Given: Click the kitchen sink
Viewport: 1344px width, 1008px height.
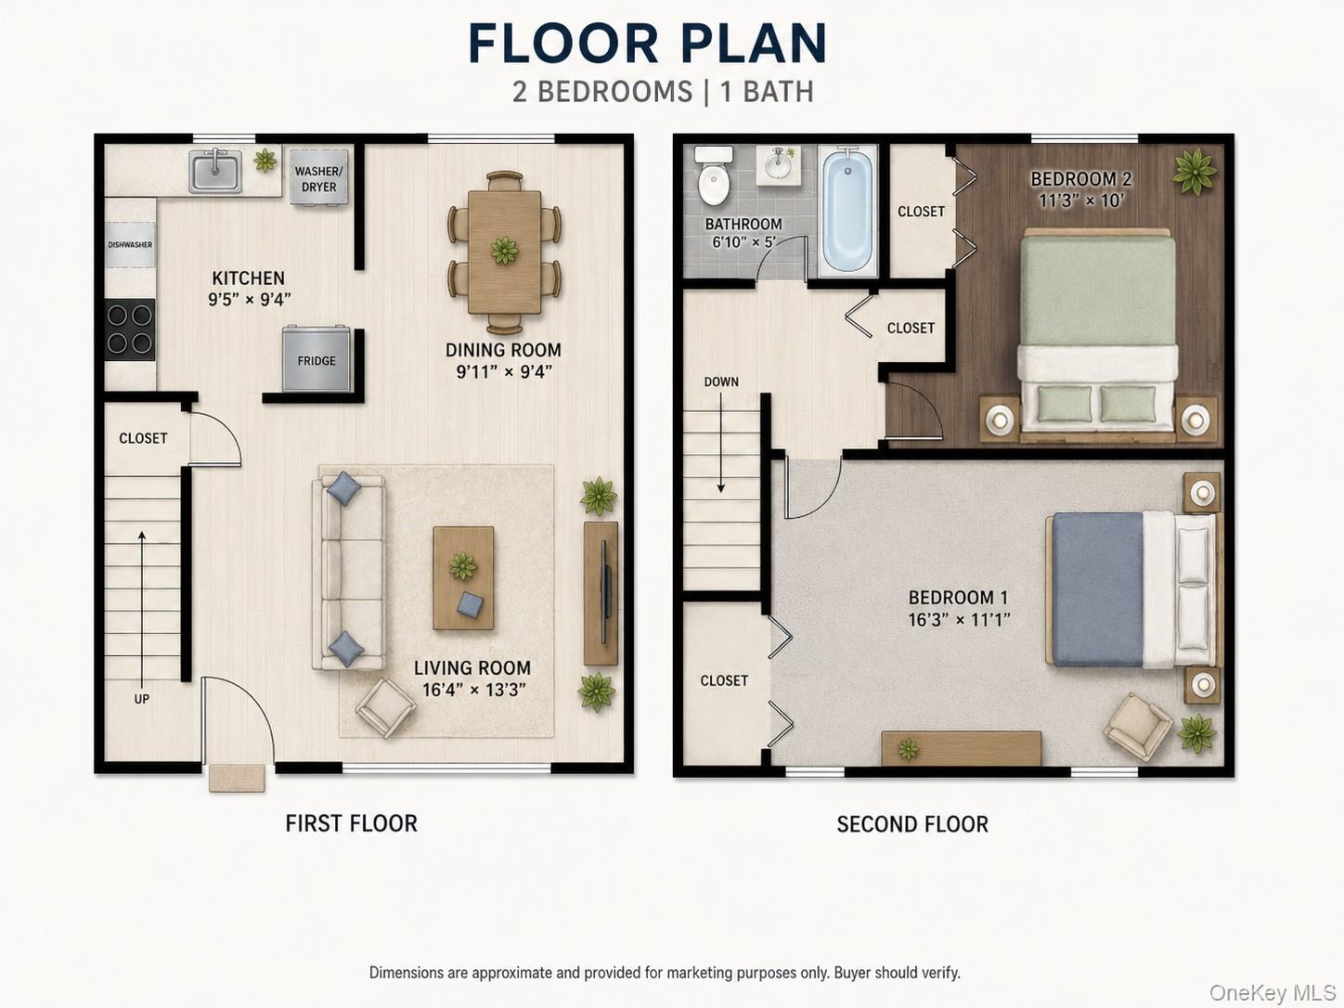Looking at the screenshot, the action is [x=215, y=171].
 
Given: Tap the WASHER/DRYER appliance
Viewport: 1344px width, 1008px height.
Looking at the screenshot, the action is [x=318, y=178].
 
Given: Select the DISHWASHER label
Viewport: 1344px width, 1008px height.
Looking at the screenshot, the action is [x=130, y=245].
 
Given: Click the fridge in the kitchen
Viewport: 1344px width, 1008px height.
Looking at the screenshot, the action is [x=316, y=359].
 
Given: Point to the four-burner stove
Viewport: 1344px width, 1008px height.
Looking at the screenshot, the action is [x=129, y=330].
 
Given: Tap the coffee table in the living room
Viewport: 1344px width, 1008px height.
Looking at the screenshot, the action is [x=463, y=578].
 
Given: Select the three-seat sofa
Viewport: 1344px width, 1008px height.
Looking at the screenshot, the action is [x=348, y=573].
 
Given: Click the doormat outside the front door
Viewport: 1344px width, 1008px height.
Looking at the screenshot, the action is [x=237, y=778].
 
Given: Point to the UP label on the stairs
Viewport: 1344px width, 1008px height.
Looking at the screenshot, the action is [x=141, y=699].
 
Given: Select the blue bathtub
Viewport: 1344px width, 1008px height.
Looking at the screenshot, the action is [x=847, y=211].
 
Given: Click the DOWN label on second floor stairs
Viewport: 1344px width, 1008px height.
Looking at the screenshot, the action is [x=720, y=381].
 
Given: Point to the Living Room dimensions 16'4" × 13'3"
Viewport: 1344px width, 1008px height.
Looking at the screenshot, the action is [x=473, y=690].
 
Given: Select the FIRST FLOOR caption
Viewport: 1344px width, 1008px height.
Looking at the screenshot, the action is [x=352, y=823].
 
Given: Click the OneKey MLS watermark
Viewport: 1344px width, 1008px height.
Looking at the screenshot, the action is [x=1273, y=992].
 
